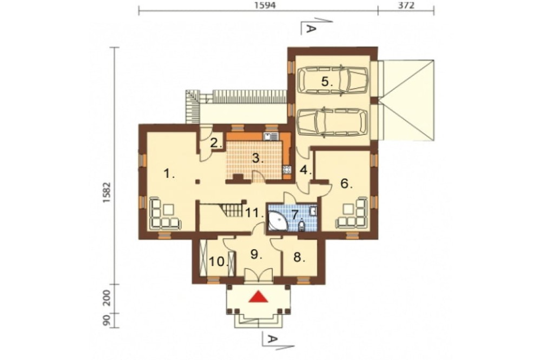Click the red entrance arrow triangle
(x=259, y=297)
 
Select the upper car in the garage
(x=333, y=79)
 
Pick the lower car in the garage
(x=333, y=122)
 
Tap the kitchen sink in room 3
(x=270, y=137)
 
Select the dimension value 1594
(x=266, y=6)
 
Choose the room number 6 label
(x=346, y=184)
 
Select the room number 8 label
(x=299, y=257)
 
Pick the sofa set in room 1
(x=164, y=214)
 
